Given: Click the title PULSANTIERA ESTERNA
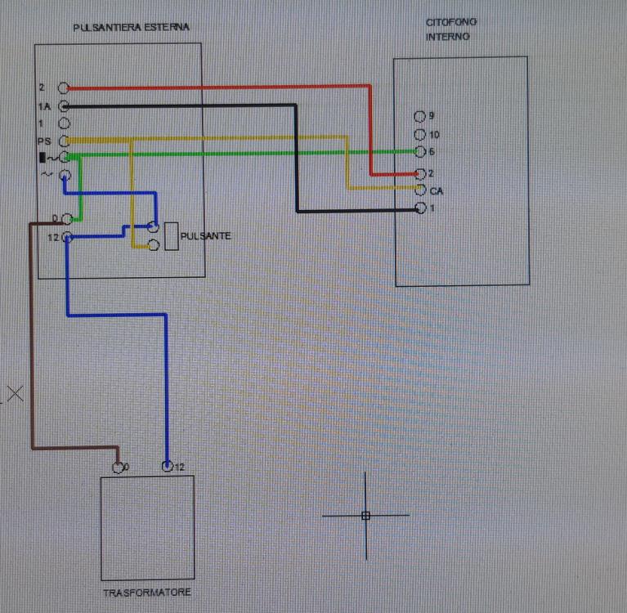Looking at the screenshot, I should (131, 27).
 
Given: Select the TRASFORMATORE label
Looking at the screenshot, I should (148, 593).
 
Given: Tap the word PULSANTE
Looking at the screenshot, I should (207, 235).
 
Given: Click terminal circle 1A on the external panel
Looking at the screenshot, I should (64, 106).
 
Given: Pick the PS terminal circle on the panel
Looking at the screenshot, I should (64, 141).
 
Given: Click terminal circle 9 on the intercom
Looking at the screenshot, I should (420, 116).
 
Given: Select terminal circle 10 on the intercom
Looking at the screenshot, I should (420, 134).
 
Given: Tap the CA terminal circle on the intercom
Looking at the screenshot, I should (420, 190).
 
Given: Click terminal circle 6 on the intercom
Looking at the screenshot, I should (420, 152).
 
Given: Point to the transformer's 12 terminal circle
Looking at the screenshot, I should (168, 468).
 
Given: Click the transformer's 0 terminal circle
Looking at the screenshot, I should (118, 468).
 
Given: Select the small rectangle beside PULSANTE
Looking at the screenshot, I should (172, 235).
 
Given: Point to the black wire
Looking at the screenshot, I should (296, 163).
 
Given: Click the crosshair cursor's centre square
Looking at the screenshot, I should (365, 516).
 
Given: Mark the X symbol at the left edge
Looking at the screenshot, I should (14, 394).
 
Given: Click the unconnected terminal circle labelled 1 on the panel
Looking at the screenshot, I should (64, 123).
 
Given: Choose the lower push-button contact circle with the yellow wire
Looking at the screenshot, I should (153, 244).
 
